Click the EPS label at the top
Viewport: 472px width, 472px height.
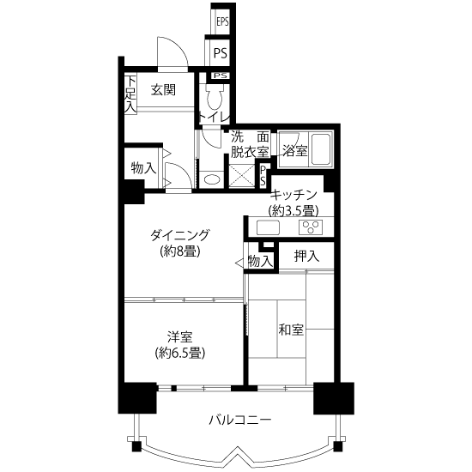222,22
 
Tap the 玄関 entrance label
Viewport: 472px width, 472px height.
163,90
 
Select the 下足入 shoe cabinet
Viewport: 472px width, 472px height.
130,94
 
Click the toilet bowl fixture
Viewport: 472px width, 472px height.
215,97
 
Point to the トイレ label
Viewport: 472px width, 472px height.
215,118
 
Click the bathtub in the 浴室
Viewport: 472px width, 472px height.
321,149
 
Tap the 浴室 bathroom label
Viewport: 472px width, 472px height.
295,150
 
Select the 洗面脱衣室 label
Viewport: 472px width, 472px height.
250,145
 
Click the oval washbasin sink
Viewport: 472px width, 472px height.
212,179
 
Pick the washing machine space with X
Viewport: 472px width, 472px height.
242,176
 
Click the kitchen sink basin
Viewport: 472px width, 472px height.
268,227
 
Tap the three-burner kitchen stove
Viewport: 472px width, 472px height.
311,227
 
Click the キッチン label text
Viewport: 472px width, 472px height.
293,195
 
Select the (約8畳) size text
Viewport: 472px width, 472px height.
180,251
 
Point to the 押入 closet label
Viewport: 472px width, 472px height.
306,257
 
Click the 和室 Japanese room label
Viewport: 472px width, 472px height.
291,330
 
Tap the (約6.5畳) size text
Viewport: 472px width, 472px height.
180,353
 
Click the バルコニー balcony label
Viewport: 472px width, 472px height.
240,420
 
